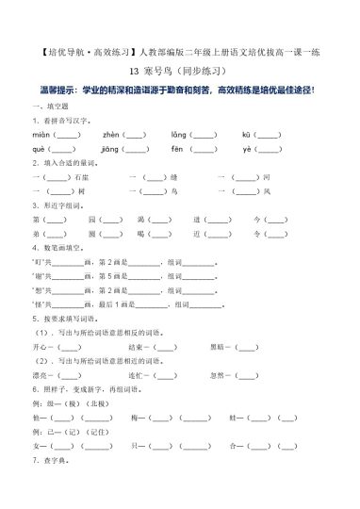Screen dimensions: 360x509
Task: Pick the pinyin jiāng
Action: (111, 149)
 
